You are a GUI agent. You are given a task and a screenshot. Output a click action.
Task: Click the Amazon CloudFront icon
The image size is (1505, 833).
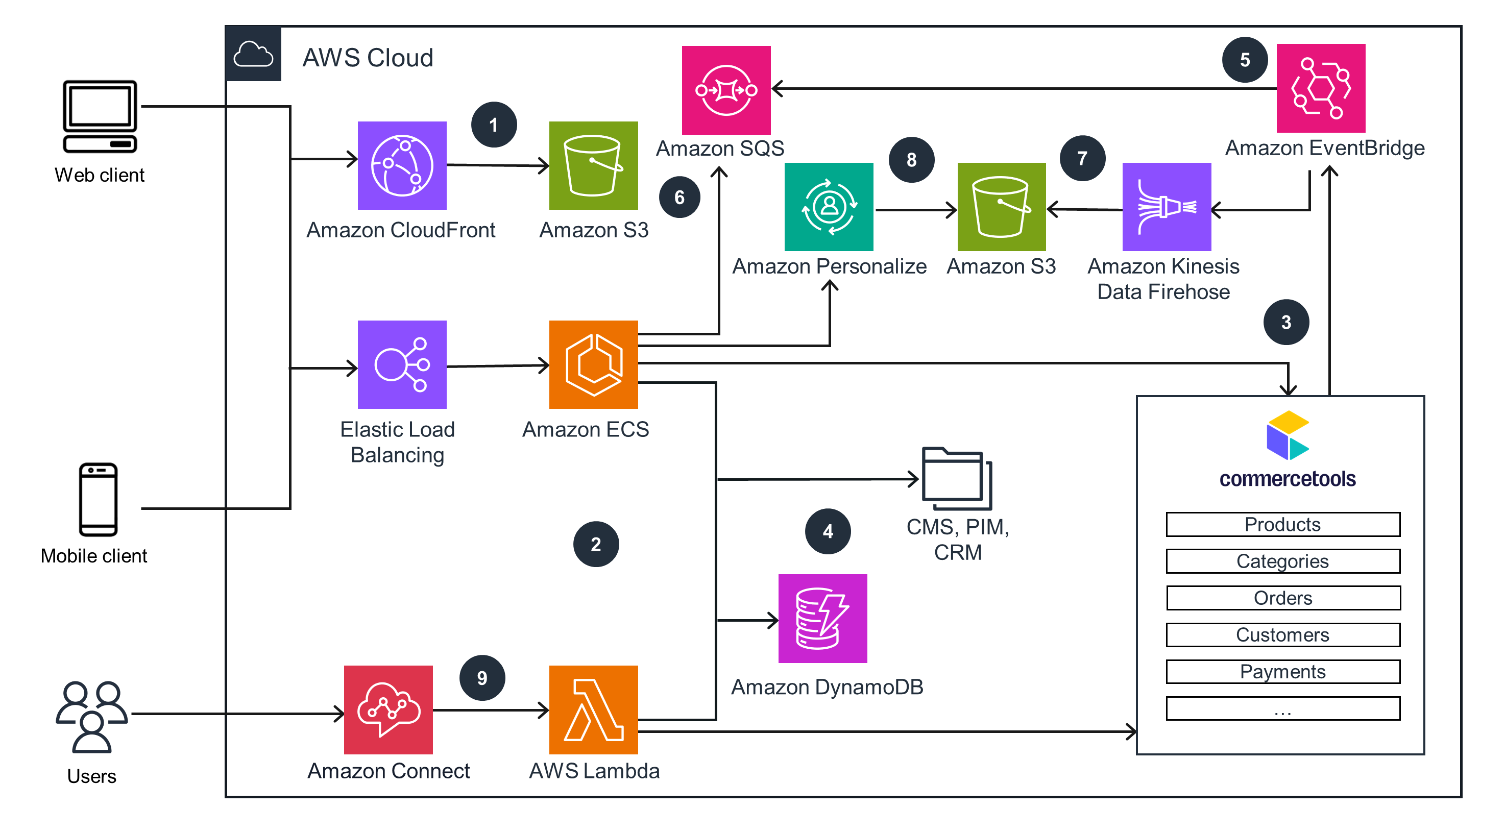click(402, 165)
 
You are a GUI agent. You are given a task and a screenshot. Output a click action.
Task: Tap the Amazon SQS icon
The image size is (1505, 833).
click(726, 90)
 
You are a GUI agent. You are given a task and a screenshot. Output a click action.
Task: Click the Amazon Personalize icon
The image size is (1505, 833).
click(829, 207)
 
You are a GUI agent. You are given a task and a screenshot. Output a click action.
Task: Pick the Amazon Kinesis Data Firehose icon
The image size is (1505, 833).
click(1166, 207)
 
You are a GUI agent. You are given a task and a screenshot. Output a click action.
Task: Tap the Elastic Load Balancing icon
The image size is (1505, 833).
click(402, 364)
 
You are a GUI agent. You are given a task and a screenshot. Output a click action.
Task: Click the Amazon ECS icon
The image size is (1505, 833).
click(593, 364)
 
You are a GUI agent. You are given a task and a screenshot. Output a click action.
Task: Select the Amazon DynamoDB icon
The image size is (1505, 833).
click(822, 619)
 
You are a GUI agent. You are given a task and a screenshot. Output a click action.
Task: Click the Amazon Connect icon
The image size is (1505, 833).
click(389, 710)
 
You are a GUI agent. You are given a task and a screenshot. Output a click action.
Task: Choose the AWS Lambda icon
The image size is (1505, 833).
click(593, 710)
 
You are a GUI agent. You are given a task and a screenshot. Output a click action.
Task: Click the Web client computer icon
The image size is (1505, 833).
click(100, 117)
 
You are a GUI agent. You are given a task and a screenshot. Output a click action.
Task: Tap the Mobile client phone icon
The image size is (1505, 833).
click(98, 500)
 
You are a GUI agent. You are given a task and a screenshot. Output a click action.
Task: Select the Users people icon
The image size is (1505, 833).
click(92, 717)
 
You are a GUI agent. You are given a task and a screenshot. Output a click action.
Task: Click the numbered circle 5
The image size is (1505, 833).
click(1245, 60)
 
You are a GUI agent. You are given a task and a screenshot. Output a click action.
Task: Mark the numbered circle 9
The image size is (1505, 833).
click(482, 678)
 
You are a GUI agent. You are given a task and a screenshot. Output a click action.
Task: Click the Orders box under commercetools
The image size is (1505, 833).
click(1283, 598)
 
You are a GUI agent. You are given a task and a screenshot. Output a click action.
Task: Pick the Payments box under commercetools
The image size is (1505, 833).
click(1283, 672)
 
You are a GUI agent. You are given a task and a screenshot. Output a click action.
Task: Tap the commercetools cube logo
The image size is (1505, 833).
click(1287, 435)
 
